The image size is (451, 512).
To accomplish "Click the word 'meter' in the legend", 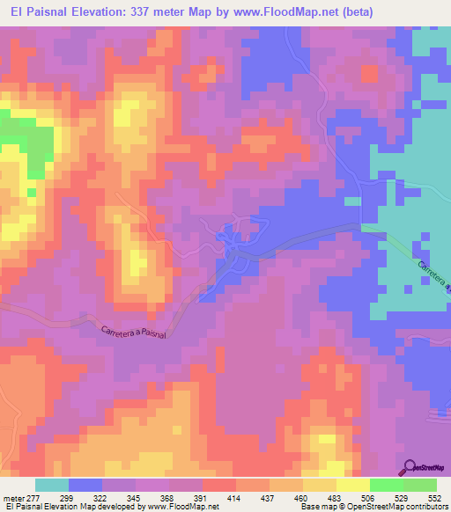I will pyautogui.click(x=10, y=498).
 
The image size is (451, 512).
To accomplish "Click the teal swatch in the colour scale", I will pyautogui.click(x=52, y=485).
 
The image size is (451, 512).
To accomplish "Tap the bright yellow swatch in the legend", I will pyautogui.click(x=352, y=485).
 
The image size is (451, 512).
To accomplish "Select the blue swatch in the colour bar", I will pyautogui.click(x=85, y=485).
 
